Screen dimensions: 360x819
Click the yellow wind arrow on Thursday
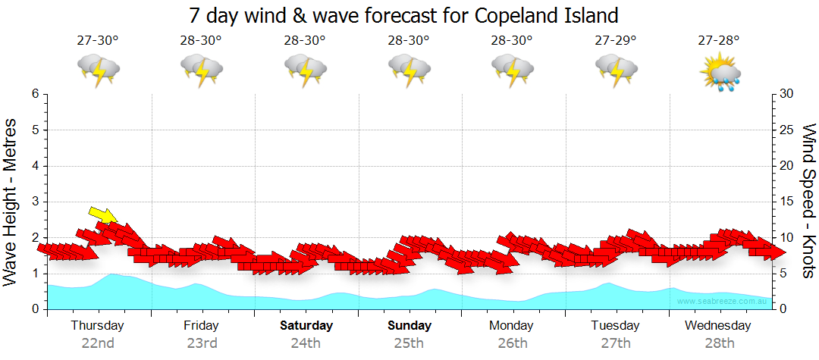click(102, 215)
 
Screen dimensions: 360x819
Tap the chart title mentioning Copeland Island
click(403, 14)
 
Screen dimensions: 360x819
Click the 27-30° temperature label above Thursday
click(98, 40)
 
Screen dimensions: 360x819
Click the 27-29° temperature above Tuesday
click(616, 40)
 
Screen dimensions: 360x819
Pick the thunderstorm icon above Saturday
click(305, 70)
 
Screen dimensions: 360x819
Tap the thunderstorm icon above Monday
click(512, 70)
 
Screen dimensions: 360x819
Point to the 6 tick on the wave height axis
click(35, 94)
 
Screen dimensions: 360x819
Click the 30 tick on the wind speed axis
click(786, 94)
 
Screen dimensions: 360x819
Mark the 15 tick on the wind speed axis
click(786, 202)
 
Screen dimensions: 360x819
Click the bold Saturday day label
click(306, 326)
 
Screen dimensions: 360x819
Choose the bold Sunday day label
click(409, 326)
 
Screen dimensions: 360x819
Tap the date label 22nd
click(98, 343)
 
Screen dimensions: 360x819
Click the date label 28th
click(719, 343)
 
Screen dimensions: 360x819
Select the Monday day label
click(512, 326)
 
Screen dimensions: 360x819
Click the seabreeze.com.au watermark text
click(723, 302)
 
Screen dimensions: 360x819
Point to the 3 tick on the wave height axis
click(35, 202)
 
